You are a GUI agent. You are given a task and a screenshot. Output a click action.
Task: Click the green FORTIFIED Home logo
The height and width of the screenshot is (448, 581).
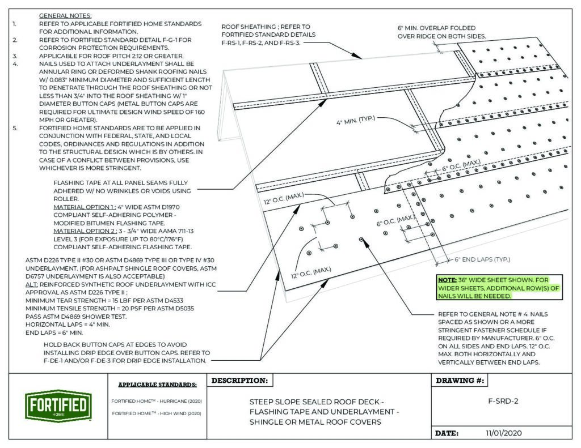pos(57,405)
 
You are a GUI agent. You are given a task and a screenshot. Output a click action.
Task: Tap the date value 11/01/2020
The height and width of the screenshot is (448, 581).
pos(504,433)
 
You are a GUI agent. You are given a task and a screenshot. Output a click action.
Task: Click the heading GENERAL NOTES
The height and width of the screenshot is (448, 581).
pos(65,15)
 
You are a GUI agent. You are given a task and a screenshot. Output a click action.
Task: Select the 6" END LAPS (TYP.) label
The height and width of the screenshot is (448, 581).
pos(482,259)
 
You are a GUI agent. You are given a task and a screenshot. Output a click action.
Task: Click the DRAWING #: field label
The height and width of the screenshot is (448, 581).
pos(458,381)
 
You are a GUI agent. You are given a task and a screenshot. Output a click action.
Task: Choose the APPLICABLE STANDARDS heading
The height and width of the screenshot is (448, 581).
pos(157,385)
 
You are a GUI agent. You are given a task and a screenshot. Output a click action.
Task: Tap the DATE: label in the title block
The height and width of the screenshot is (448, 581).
pos(446,433)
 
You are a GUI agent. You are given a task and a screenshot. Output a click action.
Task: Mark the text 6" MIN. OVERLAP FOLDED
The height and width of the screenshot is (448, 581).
pos(436,28)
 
